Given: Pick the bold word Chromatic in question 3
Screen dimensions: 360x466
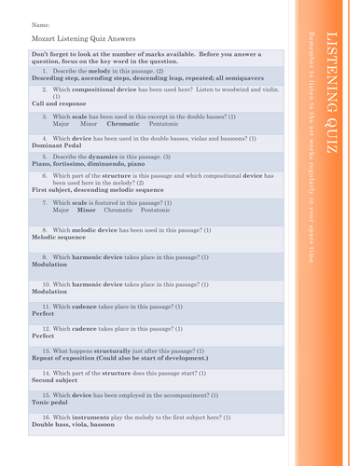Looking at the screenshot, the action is (123, 123).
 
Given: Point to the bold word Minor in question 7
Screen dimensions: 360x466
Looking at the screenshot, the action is (87, 210).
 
